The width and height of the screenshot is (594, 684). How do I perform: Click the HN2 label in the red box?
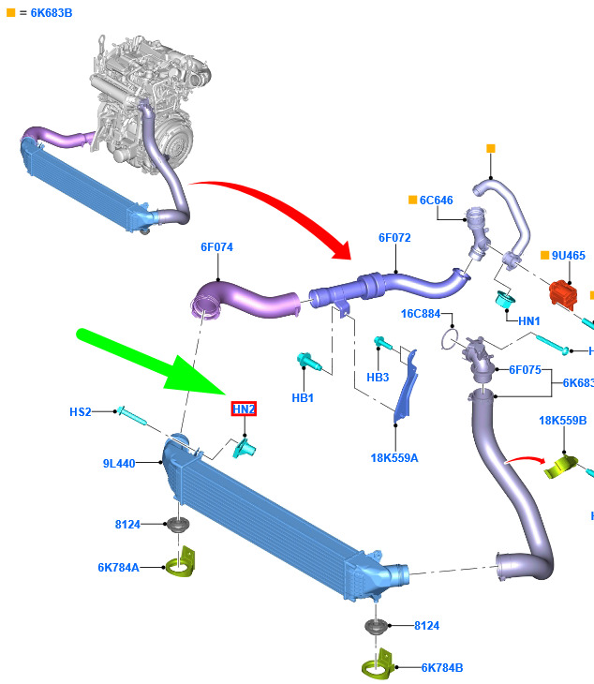(244, 409)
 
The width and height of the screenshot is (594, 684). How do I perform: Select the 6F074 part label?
(216, 247)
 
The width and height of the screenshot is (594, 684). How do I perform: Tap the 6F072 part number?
(394, 238)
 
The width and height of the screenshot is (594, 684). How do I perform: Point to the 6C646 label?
(436, 201)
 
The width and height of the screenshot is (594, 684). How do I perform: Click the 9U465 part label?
(569, 255)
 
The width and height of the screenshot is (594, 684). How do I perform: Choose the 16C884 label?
(421, 314)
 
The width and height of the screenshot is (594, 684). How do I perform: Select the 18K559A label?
(394, 458)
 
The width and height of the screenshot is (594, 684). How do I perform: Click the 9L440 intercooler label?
(119, 463)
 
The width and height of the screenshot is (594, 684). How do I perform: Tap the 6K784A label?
(119, 568)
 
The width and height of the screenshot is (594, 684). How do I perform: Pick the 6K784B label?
(442, 668)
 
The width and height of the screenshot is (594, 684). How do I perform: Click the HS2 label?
(81, 411)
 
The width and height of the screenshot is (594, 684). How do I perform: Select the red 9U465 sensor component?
(563, 293)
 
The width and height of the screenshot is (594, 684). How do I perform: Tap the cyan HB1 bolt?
(309, 362)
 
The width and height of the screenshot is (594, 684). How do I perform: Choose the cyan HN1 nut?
(506, 299)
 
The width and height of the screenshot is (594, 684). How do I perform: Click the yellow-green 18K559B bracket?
(561, 467)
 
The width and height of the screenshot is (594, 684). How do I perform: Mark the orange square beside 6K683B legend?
(11, 13)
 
